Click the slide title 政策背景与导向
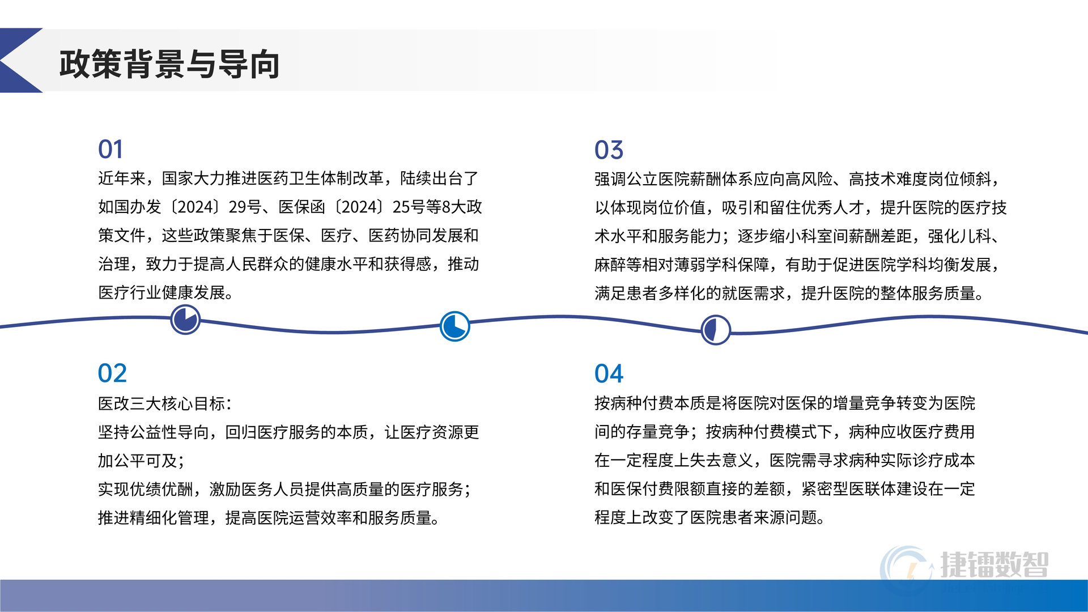[x=169, y=63]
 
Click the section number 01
[x=110, y=150]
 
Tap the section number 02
[x=112, y=373]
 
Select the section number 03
[x=609, y=150]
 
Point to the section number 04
[x=609, y=374]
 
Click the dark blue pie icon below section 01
[x=185, y=320]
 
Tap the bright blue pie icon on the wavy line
[x=455, y=326]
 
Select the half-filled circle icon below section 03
[x=716, y=330]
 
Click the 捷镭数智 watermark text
[x=994, y=564]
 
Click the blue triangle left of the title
[x=17, y=60]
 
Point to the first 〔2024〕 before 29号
[x=195, y=207]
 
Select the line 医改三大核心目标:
[x=165, y=403]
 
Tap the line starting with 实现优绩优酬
[x=284, y=489]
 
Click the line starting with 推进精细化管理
[x=269, y=518]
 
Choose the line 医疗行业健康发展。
[x=165, y=292]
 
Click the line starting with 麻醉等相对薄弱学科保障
[x=797, y=265]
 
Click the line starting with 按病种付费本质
[x=785, y=403]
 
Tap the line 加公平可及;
[x=141, y=461]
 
